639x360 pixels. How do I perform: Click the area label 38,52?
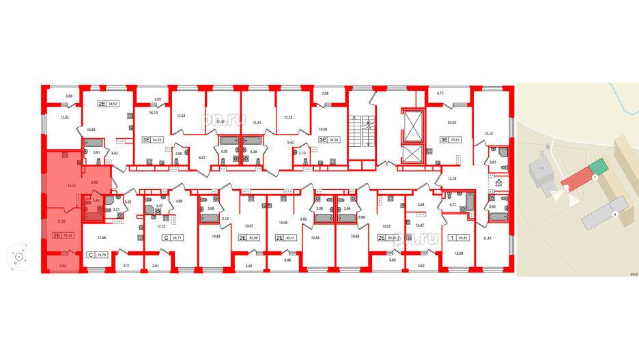[114, 104]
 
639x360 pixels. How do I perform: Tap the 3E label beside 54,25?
[145, 139]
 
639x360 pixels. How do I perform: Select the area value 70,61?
[456, 139]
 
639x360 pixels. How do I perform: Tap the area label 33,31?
[465, 238]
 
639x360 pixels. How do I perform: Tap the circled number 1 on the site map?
[595, 178]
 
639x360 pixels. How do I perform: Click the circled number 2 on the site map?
[614, 214]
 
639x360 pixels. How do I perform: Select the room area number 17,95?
[102, 238]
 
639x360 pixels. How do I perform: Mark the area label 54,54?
[334, 139]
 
